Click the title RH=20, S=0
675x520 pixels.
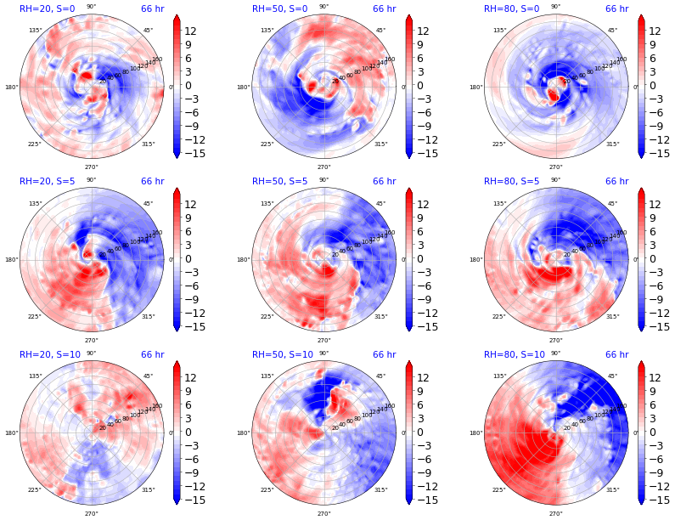click(47, 8)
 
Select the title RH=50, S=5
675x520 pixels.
click(279, 181)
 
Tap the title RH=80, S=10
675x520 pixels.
click(514, 354)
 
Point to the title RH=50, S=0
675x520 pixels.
click(279, 8)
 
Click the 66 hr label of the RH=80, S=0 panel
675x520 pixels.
click(616, 8)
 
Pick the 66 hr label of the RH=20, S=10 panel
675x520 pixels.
click(152, 354)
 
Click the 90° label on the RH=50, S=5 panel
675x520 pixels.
click(323, 179)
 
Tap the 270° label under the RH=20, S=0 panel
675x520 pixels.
click(91, 167)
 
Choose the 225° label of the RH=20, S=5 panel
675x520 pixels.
click(35, 317)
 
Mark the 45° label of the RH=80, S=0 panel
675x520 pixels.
click(612, 31)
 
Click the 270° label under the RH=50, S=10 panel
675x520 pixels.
click(323, 513)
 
